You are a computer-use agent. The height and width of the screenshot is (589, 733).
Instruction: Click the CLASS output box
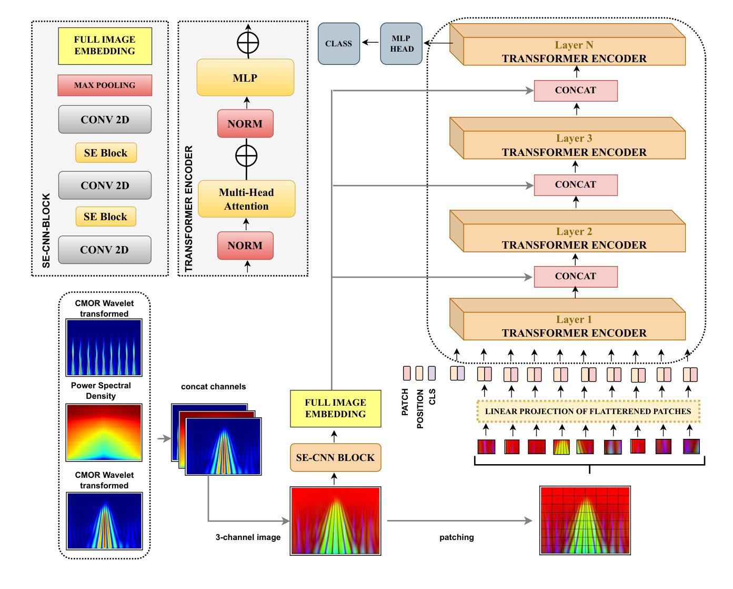[x=338, y=44]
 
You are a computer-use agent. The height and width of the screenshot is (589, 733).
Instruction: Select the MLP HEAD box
[x=401, y=44]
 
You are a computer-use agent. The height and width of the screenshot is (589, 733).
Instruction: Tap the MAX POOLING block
[x=105, y=85]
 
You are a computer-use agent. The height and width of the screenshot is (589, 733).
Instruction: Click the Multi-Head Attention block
[x=246, y=199]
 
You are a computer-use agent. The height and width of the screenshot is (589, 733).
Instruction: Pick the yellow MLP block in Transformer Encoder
[x=245, y=78]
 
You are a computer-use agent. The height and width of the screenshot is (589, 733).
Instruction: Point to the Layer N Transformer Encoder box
[x=574, y=52]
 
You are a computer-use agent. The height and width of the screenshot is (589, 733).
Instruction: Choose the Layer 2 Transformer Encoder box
[x=574, y=238]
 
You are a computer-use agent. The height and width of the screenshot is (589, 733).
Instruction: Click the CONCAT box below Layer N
[x=576, y=91]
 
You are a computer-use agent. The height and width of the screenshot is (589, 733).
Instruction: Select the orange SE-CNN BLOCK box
[x=335, y=458]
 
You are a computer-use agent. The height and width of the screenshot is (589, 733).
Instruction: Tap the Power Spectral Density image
[x=104, y=433]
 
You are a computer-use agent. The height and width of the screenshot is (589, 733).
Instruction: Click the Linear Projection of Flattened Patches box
[x=588, y=411]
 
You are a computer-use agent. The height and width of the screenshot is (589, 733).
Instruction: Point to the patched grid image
[x=585, y=521]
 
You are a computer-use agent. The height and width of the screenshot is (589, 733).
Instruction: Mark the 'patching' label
[x=456, y=537]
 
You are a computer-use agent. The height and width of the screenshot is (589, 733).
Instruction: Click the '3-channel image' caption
[x=248, y=537]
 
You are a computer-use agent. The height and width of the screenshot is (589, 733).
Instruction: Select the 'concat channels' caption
[x=213, y=387]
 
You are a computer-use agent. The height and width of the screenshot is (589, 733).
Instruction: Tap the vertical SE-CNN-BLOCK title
[x=46, y=231]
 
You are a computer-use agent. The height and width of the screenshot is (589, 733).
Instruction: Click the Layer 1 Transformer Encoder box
[x=574, y=326]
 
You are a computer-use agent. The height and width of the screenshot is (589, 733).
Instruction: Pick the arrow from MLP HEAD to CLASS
[x=371, y=43]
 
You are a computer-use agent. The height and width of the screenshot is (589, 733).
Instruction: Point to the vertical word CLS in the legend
[x=432, y=397]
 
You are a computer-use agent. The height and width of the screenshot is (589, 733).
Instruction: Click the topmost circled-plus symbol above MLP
[x=248, y=43]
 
